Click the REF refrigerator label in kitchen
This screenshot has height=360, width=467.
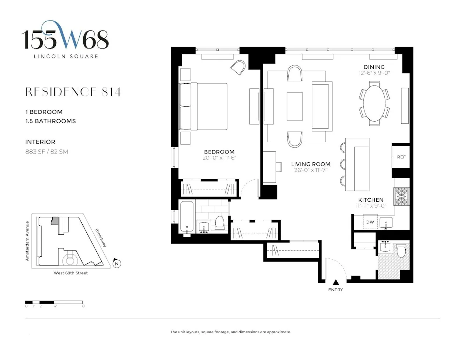point(401,157)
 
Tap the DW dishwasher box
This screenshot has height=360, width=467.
point(370,222)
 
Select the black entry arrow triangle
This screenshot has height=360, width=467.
point(335,282)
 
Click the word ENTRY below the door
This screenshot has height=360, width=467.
point(335,290)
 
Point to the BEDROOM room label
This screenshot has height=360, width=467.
point(219,152)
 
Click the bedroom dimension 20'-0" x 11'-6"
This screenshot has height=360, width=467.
point(219,158)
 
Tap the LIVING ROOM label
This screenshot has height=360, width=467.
point(310,164)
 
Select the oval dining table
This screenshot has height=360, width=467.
point(374,103)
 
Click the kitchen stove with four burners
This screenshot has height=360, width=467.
point(401,197)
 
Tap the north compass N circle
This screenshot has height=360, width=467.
point(117,264)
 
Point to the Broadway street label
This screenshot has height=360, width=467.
point(101,238)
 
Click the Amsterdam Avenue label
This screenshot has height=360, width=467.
point(27,241)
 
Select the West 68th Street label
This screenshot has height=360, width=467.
point(71,273)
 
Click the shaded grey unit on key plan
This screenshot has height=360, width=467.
point(54,220)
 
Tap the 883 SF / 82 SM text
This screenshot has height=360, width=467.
point(47,152)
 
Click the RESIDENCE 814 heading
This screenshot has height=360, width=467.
point(73,92)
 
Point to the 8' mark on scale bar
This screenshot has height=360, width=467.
point(83,306)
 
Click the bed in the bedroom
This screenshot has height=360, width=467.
point(203,107)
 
